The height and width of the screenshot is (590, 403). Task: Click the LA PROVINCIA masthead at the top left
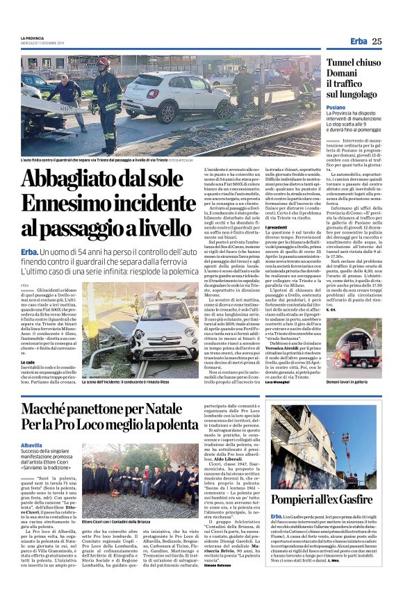tap(31, 38)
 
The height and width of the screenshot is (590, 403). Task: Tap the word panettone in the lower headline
tap(120, 406)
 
